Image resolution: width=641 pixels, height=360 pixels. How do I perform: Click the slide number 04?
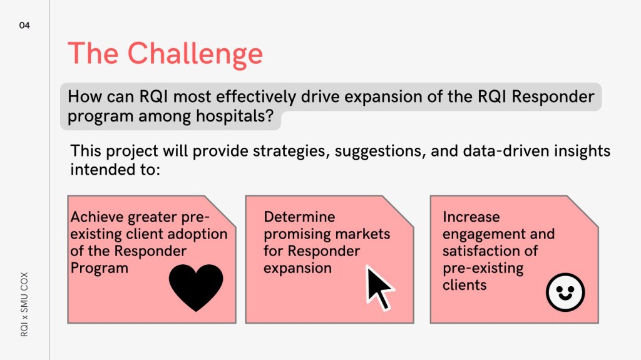pos(24,26)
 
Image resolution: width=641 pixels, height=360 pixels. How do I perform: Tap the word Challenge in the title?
pos(195,54)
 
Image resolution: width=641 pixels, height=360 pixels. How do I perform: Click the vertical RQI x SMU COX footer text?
pos(24,304)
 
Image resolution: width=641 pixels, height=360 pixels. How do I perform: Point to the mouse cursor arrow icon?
pos(379,288)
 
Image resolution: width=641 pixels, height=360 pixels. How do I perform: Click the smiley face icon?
pos(565,292)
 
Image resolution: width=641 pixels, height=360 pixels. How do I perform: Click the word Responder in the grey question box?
pos(553,97)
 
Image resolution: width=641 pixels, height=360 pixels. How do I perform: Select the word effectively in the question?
pos(256,97)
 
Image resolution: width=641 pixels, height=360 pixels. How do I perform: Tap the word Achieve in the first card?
pos(97,217)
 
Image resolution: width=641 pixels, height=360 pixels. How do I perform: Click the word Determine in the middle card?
pos(299,217)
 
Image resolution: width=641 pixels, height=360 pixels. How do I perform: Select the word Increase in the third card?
pos(471,217)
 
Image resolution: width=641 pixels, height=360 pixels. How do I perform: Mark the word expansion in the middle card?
pos(297,269)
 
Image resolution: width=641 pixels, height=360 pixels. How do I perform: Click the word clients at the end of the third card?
pos(464,285)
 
